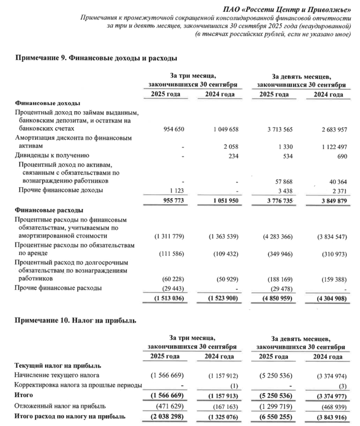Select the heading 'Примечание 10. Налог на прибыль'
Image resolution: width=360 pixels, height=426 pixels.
point(76,321)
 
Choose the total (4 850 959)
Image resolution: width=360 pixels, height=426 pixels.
point(277,297)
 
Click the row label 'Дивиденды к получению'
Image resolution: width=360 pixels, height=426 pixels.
point(52,155)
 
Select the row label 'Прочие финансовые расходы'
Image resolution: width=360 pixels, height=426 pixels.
point(58,288)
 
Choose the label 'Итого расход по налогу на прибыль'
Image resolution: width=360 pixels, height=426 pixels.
point(69,415)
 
